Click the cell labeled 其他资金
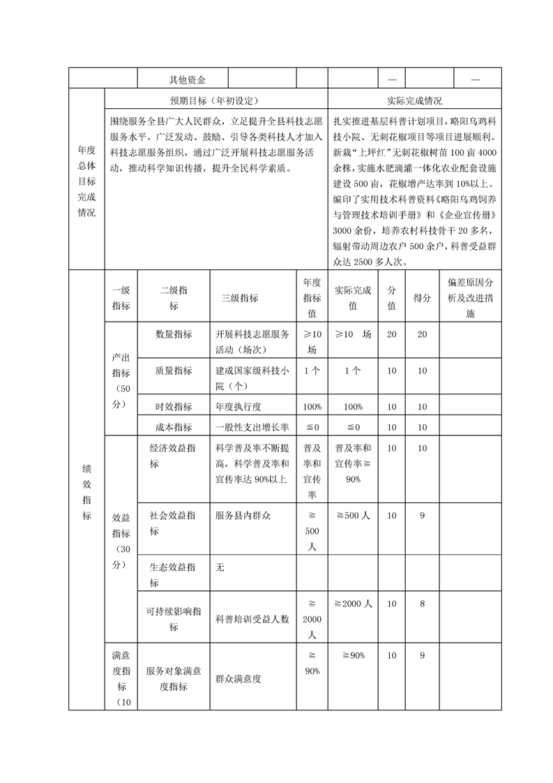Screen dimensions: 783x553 pos(182,80)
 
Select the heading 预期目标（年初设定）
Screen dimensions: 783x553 pos(215,100)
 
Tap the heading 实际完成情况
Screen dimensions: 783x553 pos(414,100)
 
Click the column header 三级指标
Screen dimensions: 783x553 pos(240,298)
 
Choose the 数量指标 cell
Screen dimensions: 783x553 pos(174,334)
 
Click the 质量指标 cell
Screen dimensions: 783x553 pos(174,371)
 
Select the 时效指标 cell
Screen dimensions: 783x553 pos(174,406)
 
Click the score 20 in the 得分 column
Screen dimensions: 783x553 pos(422,334)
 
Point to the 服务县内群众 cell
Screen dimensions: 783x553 pos(243,515)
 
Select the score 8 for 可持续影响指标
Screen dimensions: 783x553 pos(422,603)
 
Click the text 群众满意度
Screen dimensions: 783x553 pos(238,678)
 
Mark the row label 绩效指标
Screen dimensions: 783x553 pos(86,489)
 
